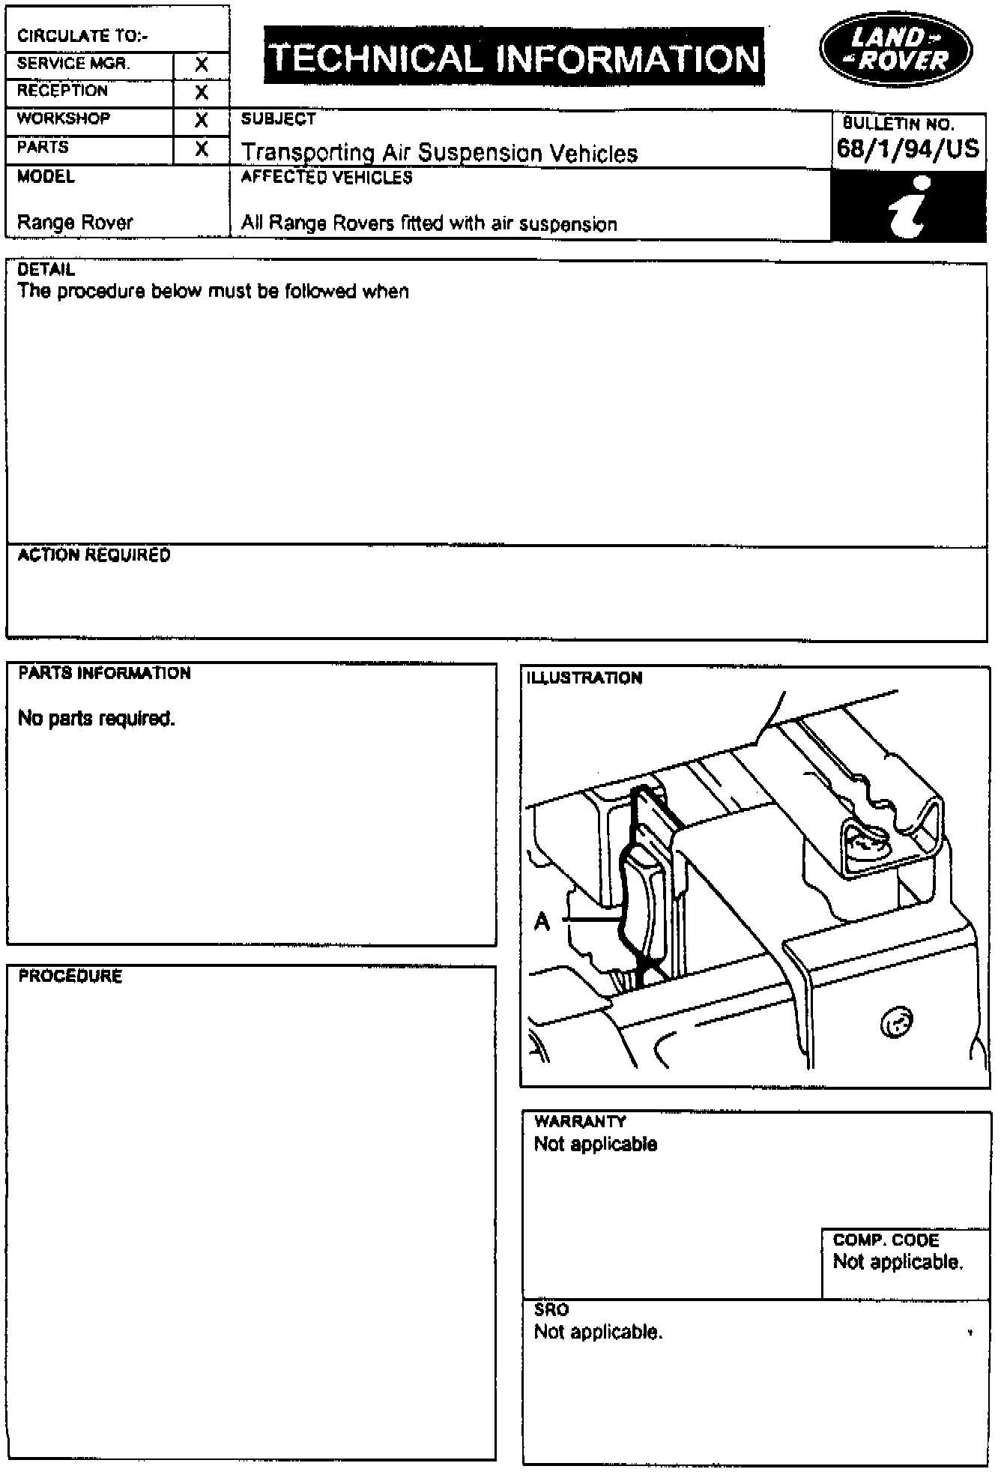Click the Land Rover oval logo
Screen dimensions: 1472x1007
(895, 49)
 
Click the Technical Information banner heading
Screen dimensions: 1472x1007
(514, 58)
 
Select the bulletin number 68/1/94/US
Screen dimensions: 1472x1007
(907, 148)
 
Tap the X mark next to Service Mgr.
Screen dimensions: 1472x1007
(201, 65)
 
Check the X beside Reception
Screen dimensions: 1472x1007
(201, 93)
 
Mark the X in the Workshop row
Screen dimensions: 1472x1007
(201, 121)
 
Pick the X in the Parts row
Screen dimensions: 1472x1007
(201, 149)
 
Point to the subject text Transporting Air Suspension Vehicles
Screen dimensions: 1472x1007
(439, 153)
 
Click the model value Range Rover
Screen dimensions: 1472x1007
(75, 223)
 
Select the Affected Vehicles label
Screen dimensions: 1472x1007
(327, 178)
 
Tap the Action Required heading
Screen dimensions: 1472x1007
(94, 555)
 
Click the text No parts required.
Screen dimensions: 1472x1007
(96, 718)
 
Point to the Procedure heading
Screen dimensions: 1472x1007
(70, 976)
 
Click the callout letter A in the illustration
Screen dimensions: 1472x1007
(542, 921)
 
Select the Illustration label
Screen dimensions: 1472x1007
(584, 678)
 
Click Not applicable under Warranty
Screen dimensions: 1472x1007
(595, 1144)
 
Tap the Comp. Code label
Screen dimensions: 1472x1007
(886, 1240)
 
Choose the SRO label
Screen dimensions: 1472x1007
(551, 1309)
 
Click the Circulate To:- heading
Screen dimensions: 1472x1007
(82, 36)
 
